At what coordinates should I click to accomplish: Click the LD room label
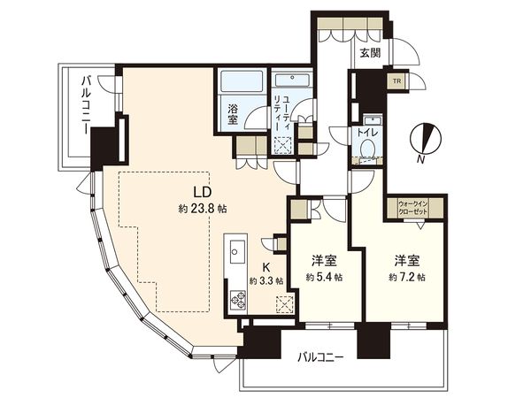pyautogui.click(x=202, y=192)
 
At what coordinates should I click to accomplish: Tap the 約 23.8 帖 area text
pyautogui.click(x=203, y=209)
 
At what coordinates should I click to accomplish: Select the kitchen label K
pyautogui.click(x=266, y=267)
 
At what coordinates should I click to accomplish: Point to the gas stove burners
pyautogui.click(x=238, y=299)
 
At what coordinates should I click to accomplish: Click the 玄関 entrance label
pyautogui.click(x=370, y=53)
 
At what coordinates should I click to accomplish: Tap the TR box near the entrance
pyautogui.click(x=396, y=81)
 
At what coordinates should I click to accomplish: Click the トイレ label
pyautogui.click(x=367, y=133)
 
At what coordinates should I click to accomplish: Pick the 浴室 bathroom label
pyautogui.click(x=232, y=114)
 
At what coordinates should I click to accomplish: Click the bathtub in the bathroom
pyautogui.click(x=242, y=81)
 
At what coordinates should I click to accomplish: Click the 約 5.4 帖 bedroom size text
pyautogui.click(x=324, y=278)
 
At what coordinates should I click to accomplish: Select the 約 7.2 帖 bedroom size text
pyautogui.click(x=407, y=278)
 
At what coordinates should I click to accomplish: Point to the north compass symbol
pyautogui.click(x=426, y=138)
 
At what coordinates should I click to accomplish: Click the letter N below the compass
pyautogui.click(x=421, y=159)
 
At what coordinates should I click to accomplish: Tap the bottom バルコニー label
pyautogui.click(x=320, y=357)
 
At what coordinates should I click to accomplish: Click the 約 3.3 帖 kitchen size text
pyautogui.click(x=266, y=280)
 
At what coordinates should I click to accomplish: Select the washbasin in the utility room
pyautogui.click(x=292, y=80)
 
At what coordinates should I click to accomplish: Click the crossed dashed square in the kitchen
pyautogui.click(x=284, y=304)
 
